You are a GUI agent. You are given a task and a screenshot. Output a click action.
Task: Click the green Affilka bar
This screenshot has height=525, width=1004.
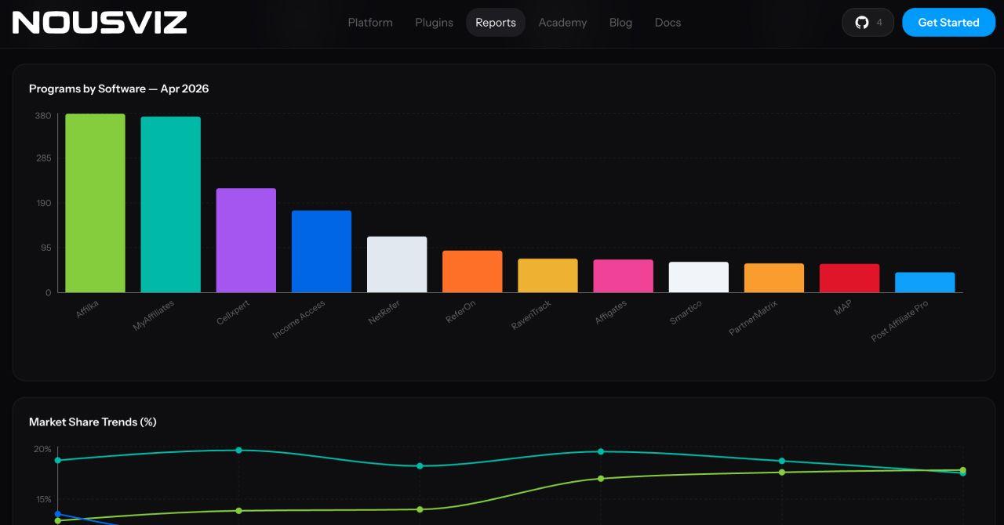click(x=95, y=203)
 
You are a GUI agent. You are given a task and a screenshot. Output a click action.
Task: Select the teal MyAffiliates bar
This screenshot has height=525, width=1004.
click(x=170, y=205)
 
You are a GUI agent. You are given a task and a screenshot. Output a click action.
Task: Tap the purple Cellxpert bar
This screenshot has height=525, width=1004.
click(x=246, y=241)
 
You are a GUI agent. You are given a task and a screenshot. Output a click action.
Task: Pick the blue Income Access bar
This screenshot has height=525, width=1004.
click(x=322, y=252)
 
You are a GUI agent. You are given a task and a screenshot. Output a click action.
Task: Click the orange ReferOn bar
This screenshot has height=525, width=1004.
click(x=472, y=271)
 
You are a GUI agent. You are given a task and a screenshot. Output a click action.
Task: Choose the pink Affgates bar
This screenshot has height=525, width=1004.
click(x=623, y=276)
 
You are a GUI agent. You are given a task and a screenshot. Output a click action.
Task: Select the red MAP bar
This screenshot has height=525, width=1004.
click(x=849, y=278)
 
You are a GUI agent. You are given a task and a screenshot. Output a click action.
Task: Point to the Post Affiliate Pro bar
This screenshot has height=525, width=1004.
click(x=925, y=282)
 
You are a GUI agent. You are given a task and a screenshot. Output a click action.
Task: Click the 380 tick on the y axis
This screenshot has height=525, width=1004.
click(x=43, y=116)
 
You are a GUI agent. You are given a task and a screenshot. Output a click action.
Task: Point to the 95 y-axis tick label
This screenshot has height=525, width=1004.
click(x=45, y=248)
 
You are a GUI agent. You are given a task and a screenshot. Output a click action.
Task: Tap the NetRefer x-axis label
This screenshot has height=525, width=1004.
click(x=384, y=312)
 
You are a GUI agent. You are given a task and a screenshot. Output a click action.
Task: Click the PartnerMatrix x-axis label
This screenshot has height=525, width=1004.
click(x=753, y=317)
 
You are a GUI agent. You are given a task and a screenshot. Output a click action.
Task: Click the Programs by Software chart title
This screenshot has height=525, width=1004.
click(x=118, y=89)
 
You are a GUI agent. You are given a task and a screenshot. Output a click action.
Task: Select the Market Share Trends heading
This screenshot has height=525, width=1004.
click(x=93, y=422)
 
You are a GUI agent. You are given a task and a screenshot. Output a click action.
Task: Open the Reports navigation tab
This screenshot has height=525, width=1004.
click(x=496, y=23)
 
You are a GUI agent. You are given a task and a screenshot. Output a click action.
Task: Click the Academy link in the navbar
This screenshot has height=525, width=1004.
click(x=562, y=23)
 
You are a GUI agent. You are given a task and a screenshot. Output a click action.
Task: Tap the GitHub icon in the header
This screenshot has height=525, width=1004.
click(x=862, y=23)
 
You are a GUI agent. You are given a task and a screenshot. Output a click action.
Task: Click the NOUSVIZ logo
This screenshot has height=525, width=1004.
click(x=100, y=23)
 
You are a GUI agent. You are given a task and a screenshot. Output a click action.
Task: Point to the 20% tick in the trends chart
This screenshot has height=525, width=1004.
click(x=42, y=449)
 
